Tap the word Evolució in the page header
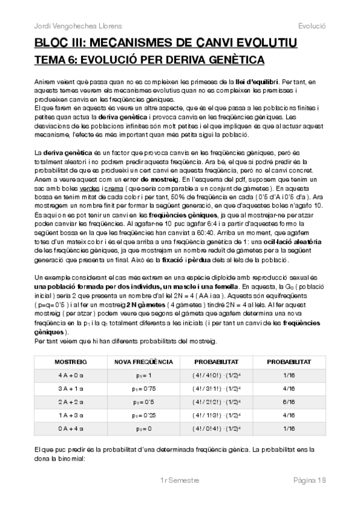[x=311, y=26]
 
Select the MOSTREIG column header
[x=71, y=361]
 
